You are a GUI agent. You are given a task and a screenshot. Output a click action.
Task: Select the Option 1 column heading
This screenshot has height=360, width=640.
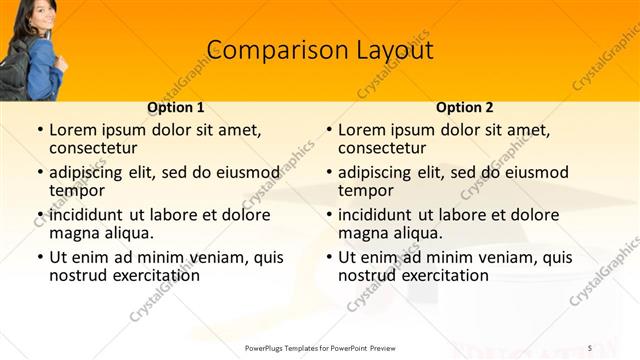(x=176, y=107)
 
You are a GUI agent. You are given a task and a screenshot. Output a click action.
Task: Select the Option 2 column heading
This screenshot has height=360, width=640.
(x=464, y=107)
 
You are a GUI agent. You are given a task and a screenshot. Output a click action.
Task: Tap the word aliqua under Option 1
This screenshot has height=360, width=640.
(x=128, y=233)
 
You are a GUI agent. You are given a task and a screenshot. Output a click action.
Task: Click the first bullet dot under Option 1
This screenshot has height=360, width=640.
(x=39, y=131)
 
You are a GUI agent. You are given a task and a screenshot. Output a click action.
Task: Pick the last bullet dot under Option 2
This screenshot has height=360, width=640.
(x=328, y=258)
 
